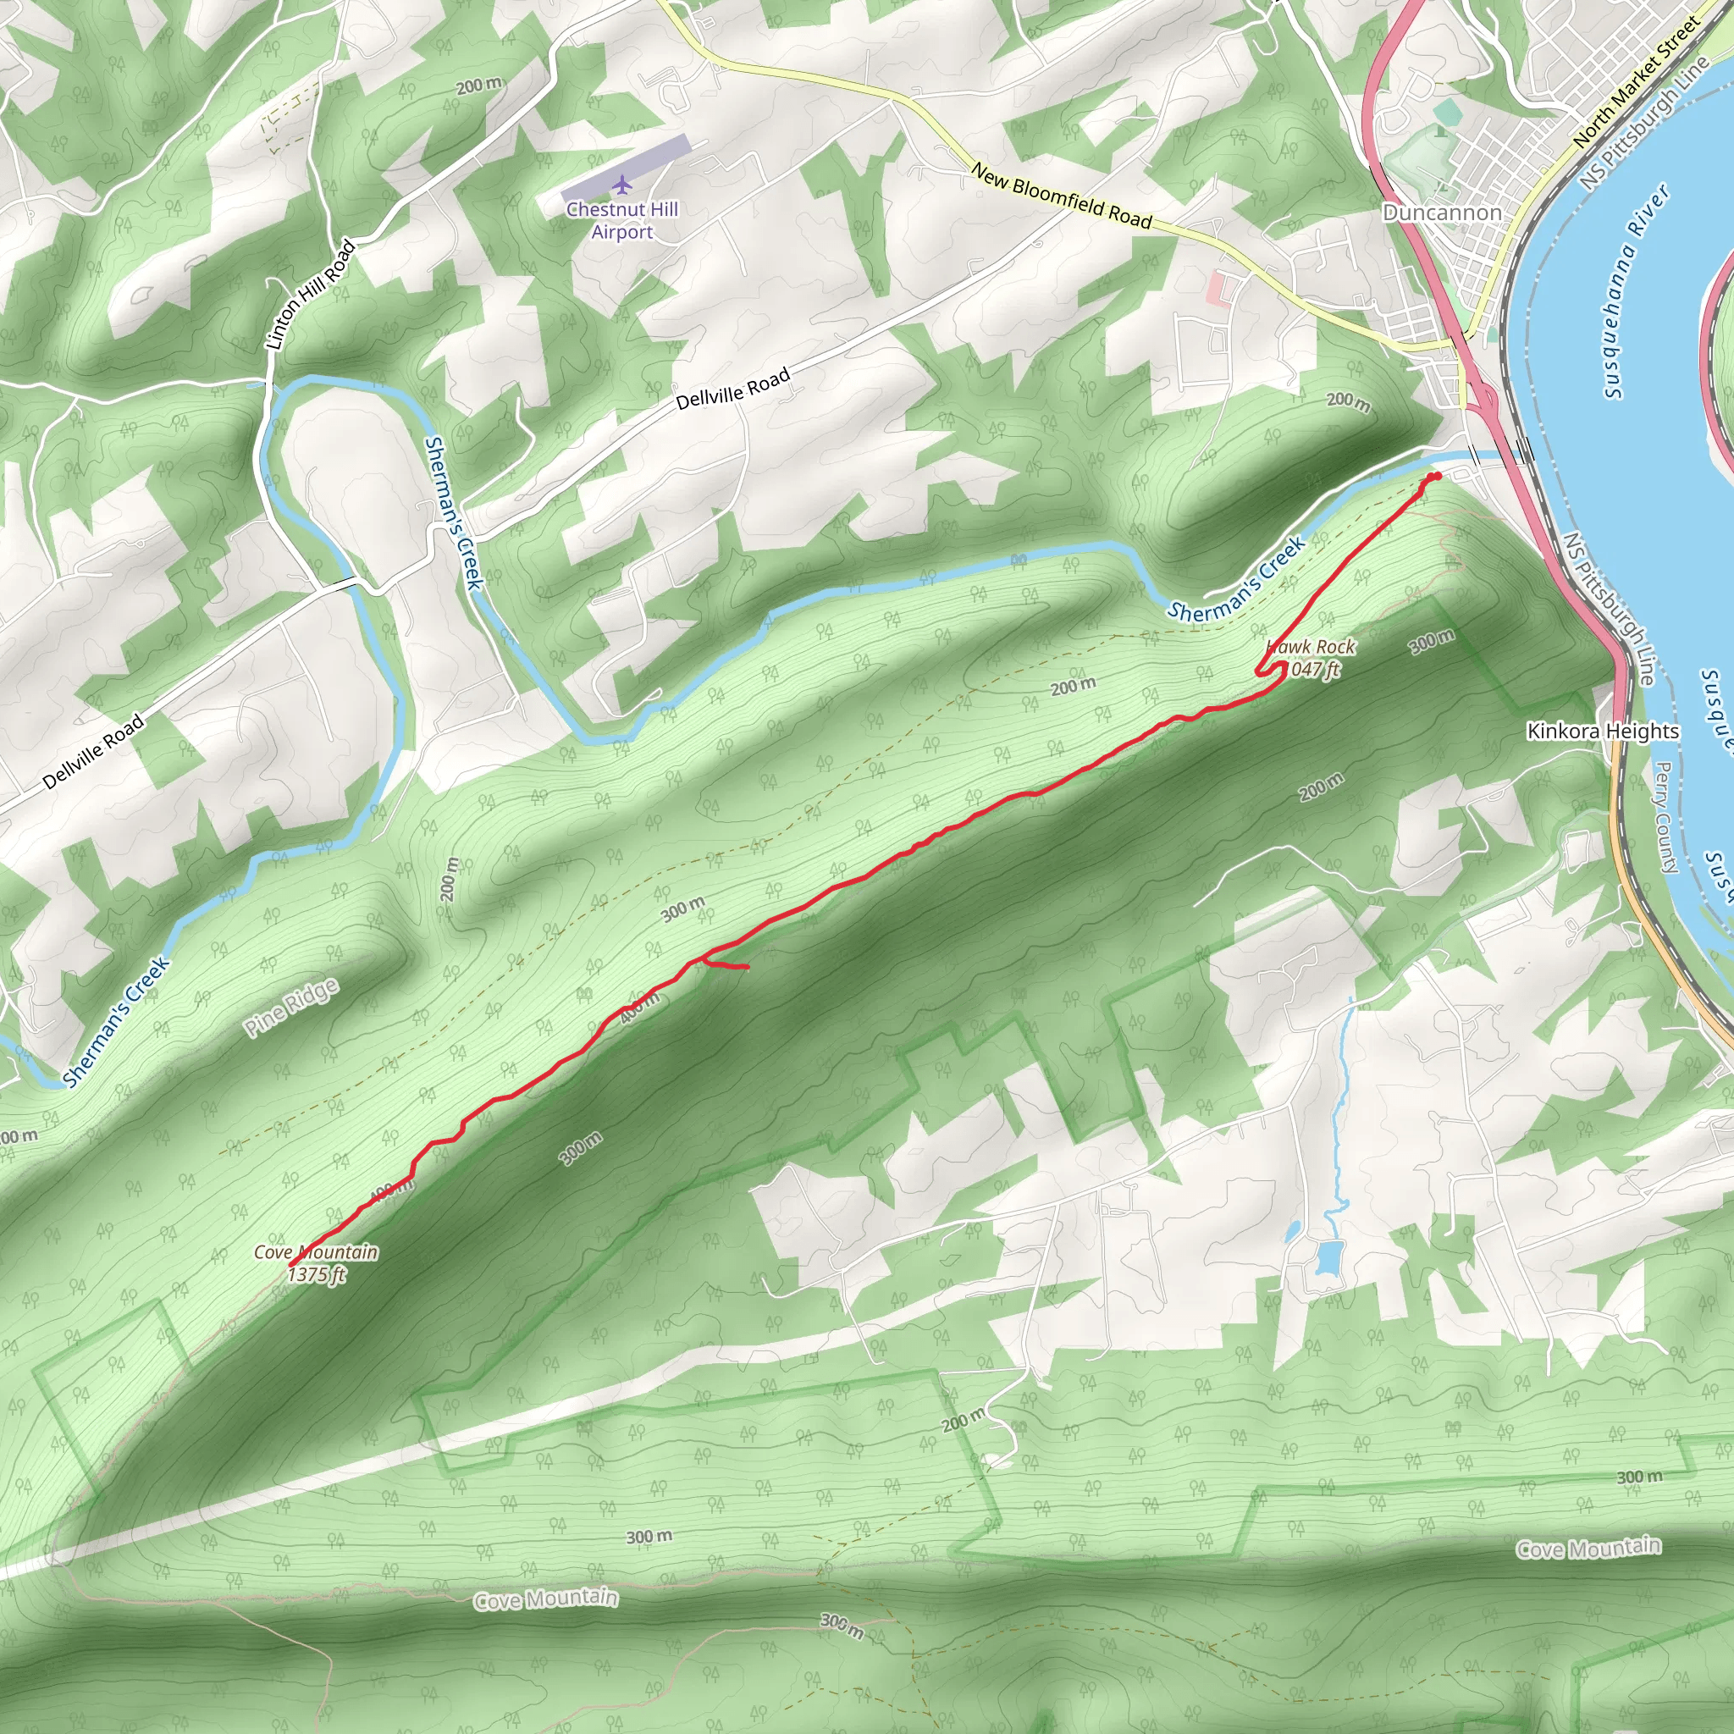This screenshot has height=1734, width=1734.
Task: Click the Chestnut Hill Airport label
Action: (622, 220)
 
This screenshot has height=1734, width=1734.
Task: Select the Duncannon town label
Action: (1441, 213)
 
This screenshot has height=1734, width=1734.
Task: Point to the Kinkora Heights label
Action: (1603, 732)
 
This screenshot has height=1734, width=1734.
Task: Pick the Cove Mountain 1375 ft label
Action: (316, 1262)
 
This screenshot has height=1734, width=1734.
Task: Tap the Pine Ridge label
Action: (293, 1008)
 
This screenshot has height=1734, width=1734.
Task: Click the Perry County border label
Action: (1665, 818)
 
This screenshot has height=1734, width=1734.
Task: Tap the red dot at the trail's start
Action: (1437, 477)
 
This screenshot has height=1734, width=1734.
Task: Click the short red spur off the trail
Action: (729, 966)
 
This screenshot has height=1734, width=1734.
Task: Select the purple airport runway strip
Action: (626, 168)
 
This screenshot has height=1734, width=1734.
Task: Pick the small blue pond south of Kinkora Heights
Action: (1328, 1257)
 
